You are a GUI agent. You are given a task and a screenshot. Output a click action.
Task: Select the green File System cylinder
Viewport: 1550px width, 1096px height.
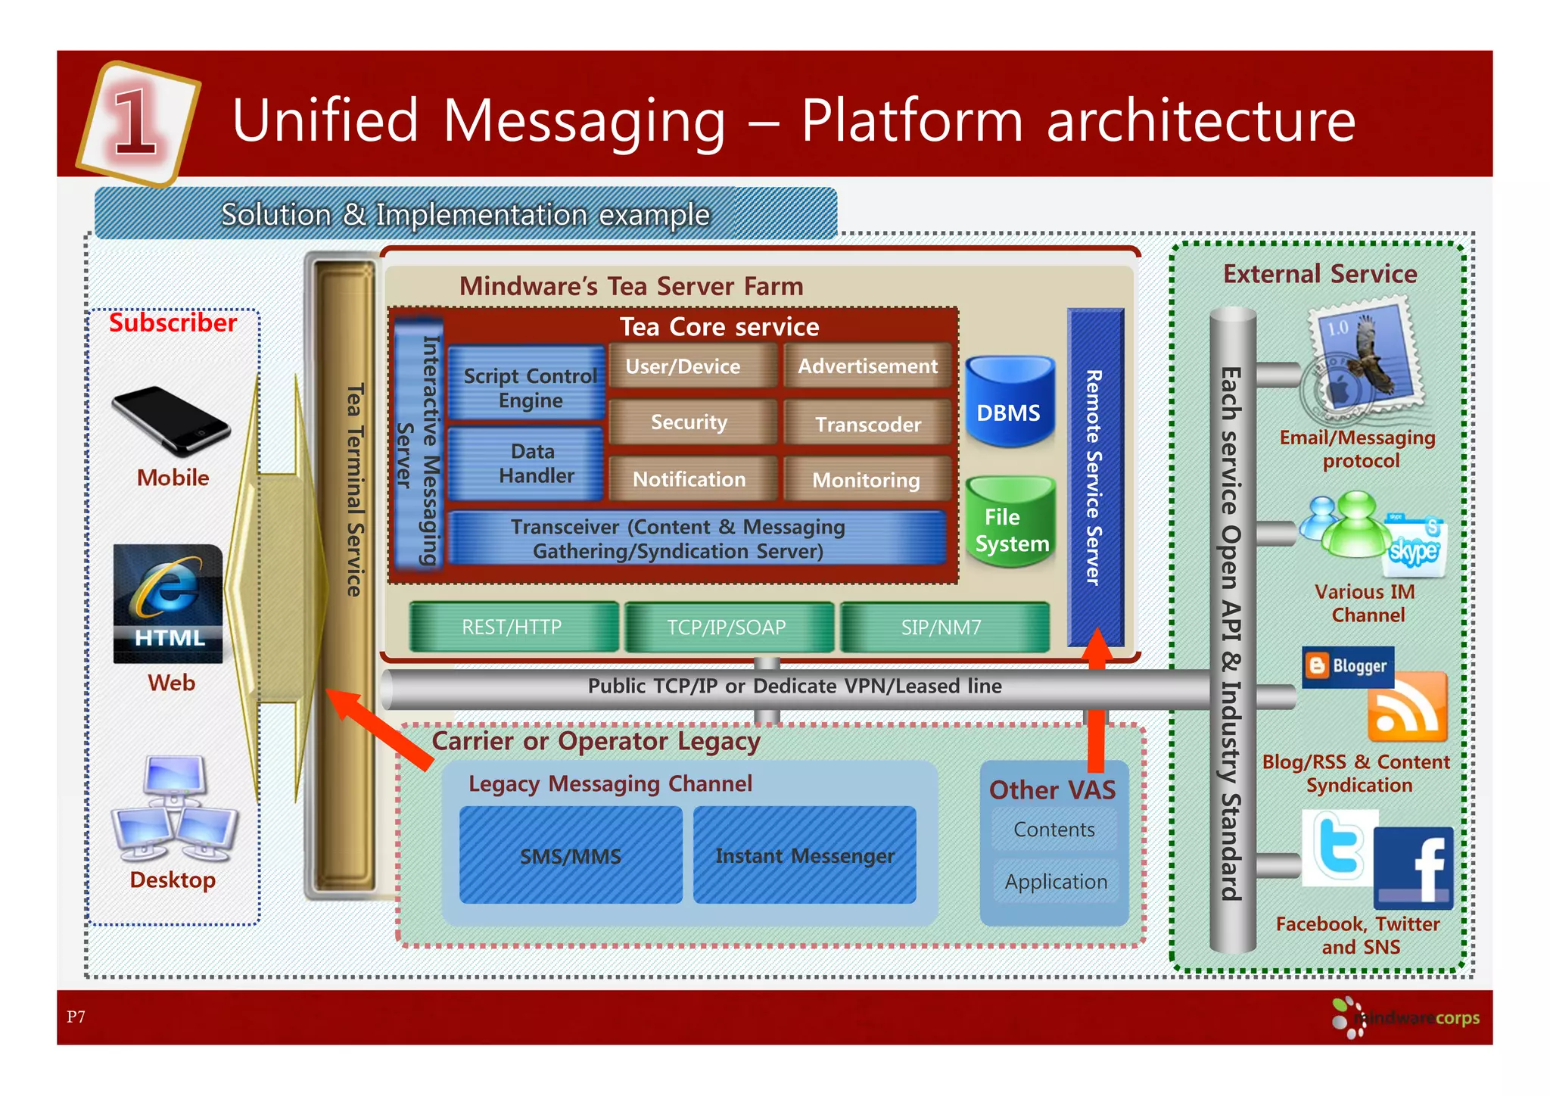point(1010,523)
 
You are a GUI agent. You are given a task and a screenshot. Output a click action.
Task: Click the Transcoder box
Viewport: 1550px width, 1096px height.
point(867,424)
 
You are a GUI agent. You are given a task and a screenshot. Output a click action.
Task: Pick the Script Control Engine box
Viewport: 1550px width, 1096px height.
point(528,386)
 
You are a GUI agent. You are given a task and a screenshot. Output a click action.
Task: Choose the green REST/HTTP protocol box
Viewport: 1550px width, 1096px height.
point(513,627)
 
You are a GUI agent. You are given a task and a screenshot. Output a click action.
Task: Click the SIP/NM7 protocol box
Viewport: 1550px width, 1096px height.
point(943,627)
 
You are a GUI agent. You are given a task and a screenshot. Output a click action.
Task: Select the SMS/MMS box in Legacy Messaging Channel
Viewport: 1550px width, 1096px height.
point(571,855)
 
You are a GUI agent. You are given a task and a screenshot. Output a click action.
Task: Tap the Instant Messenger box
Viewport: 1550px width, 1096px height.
point(805,855)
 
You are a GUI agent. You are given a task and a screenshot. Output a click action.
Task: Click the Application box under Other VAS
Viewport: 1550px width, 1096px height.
point(1055,881)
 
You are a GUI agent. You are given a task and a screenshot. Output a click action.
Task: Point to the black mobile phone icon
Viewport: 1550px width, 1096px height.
point(170,421)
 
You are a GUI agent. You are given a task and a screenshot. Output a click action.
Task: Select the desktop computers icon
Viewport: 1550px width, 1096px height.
point(174,809)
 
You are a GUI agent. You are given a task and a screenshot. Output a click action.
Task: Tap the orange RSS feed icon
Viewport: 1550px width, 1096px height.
point(1408,708)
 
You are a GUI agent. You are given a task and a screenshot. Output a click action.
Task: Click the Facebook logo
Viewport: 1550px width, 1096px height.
point(1414,867)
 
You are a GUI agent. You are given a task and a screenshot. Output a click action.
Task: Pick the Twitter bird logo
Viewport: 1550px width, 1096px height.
point(1338,846)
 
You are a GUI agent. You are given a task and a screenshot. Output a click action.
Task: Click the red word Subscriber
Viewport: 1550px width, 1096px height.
point(173,323)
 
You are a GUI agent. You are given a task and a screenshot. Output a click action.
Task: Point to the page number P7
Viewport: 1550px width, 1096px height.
point(76,1017)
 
